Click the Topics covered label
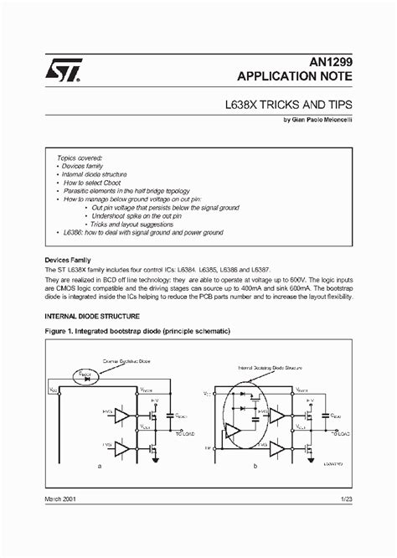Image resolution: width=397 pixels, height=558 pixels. coord(80,158)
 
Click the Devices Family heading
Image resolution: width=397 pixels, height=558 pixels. coord(72,260)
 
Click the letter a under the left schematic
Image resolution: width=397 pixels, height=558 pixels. coord(101,463)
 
